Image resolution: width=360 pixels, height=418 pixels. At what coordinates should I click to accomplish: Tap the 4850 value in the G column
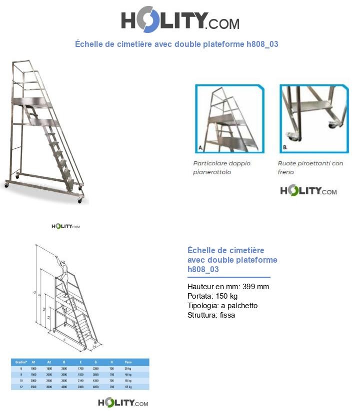95,387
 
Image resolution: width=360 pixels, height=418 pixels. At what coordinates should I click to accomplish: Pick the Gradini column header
20,362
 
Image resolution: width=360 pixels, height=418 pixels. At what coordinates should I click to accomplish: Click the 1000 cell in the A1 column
33,368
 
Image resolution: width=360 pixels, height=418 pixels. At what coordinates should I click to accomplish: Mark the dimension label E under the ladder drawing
65,339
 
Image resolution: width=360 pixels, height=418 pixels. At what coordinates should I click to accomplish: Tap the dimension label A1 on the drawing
49,317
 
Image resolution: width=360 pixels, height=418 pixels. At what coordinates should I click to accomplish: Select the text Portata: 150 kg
212,296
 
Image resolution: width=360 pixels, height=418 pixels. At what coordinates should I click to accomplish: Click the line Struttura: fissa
211,315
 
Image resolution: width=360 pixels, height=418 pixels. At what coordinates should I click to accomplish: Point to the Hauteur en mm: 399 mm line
228,287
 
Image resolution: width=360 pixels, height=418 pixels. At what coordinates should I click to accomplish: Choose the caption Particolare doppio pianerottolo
221,168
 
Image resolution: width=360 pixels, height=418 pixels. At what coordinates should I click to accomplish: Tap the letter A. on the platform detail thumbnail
200,148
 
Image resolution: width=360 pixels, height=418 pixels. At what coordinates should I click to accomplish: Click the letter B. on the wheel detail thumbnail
284,148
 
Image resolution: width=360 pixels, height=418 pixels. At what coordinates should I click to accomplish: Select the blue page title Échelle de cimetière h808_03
176,44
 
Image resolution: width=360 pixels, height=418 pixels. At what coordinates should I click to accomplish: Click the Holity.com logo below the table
122,403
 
